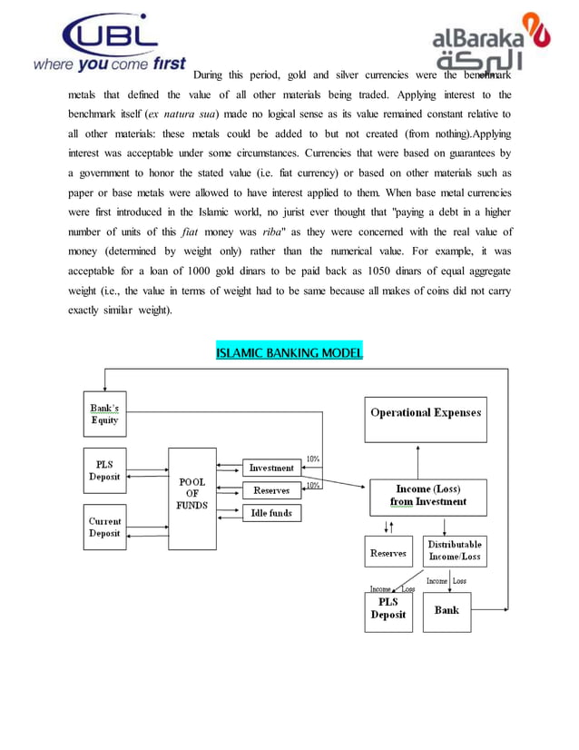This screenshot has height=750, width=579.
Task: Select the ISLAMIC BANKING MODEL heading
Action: [x=289, y=352]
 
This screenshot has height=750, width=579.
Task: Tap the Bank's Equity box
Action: [x=104, y=414]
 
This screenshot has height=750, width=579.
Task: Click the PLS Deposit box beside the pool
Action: [x=104, y=469]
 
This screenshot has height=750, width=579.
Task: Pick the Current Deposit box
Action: [x=104, y=527]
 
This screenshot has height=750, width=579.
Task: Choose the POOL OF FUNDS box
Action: [x=191, y=498]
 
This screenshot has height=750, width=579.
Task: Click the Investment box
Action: [x=271, y=468]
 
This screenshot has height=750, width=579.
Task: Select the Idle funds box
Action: [x=271, y=513]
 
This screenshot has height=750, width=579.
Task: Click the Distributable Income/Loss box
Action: [x=455, y=550]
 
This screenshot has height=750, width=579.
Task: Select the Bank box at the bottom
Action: [x=447, y=611]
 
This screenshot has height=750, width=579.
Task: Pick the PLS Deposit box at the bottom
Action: [x=388, y=609]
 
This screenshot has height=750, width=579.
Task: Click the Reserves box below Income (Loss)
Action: [x=388, y=552]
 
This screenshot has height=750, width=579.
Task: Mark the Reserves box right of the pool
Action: [x=271, y=490]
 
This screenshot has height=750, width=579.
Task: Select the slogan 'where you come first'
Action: [x=109, y=65]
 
